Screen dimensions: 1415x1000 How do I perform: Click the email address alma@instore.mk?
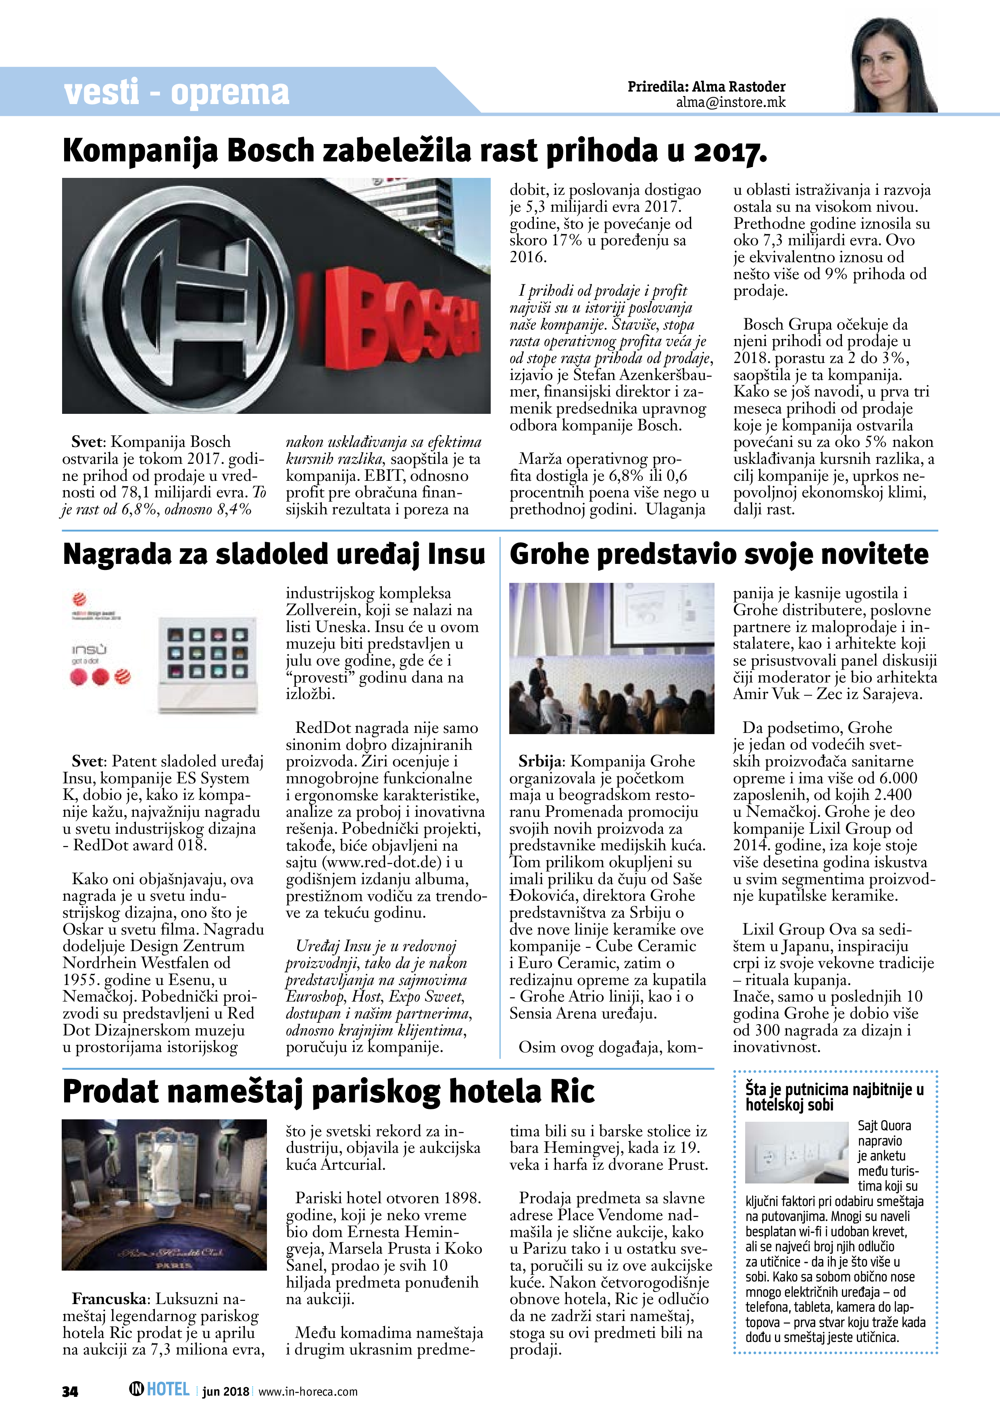click(731, 102)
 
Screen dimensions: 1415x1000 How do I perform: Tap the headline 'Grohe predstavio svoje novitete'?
click(719, 554)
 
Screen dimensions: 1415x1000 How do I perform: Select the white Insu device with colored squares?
click(208, 664)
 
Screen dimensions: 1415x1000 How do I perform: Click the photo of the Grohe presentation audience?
click(611, 658)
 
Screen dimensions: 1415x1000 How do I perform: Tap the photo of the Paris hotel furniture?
click(165, 1194)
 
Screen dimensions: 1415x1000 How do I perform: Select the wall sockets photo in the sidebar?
click(797, 1152)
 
